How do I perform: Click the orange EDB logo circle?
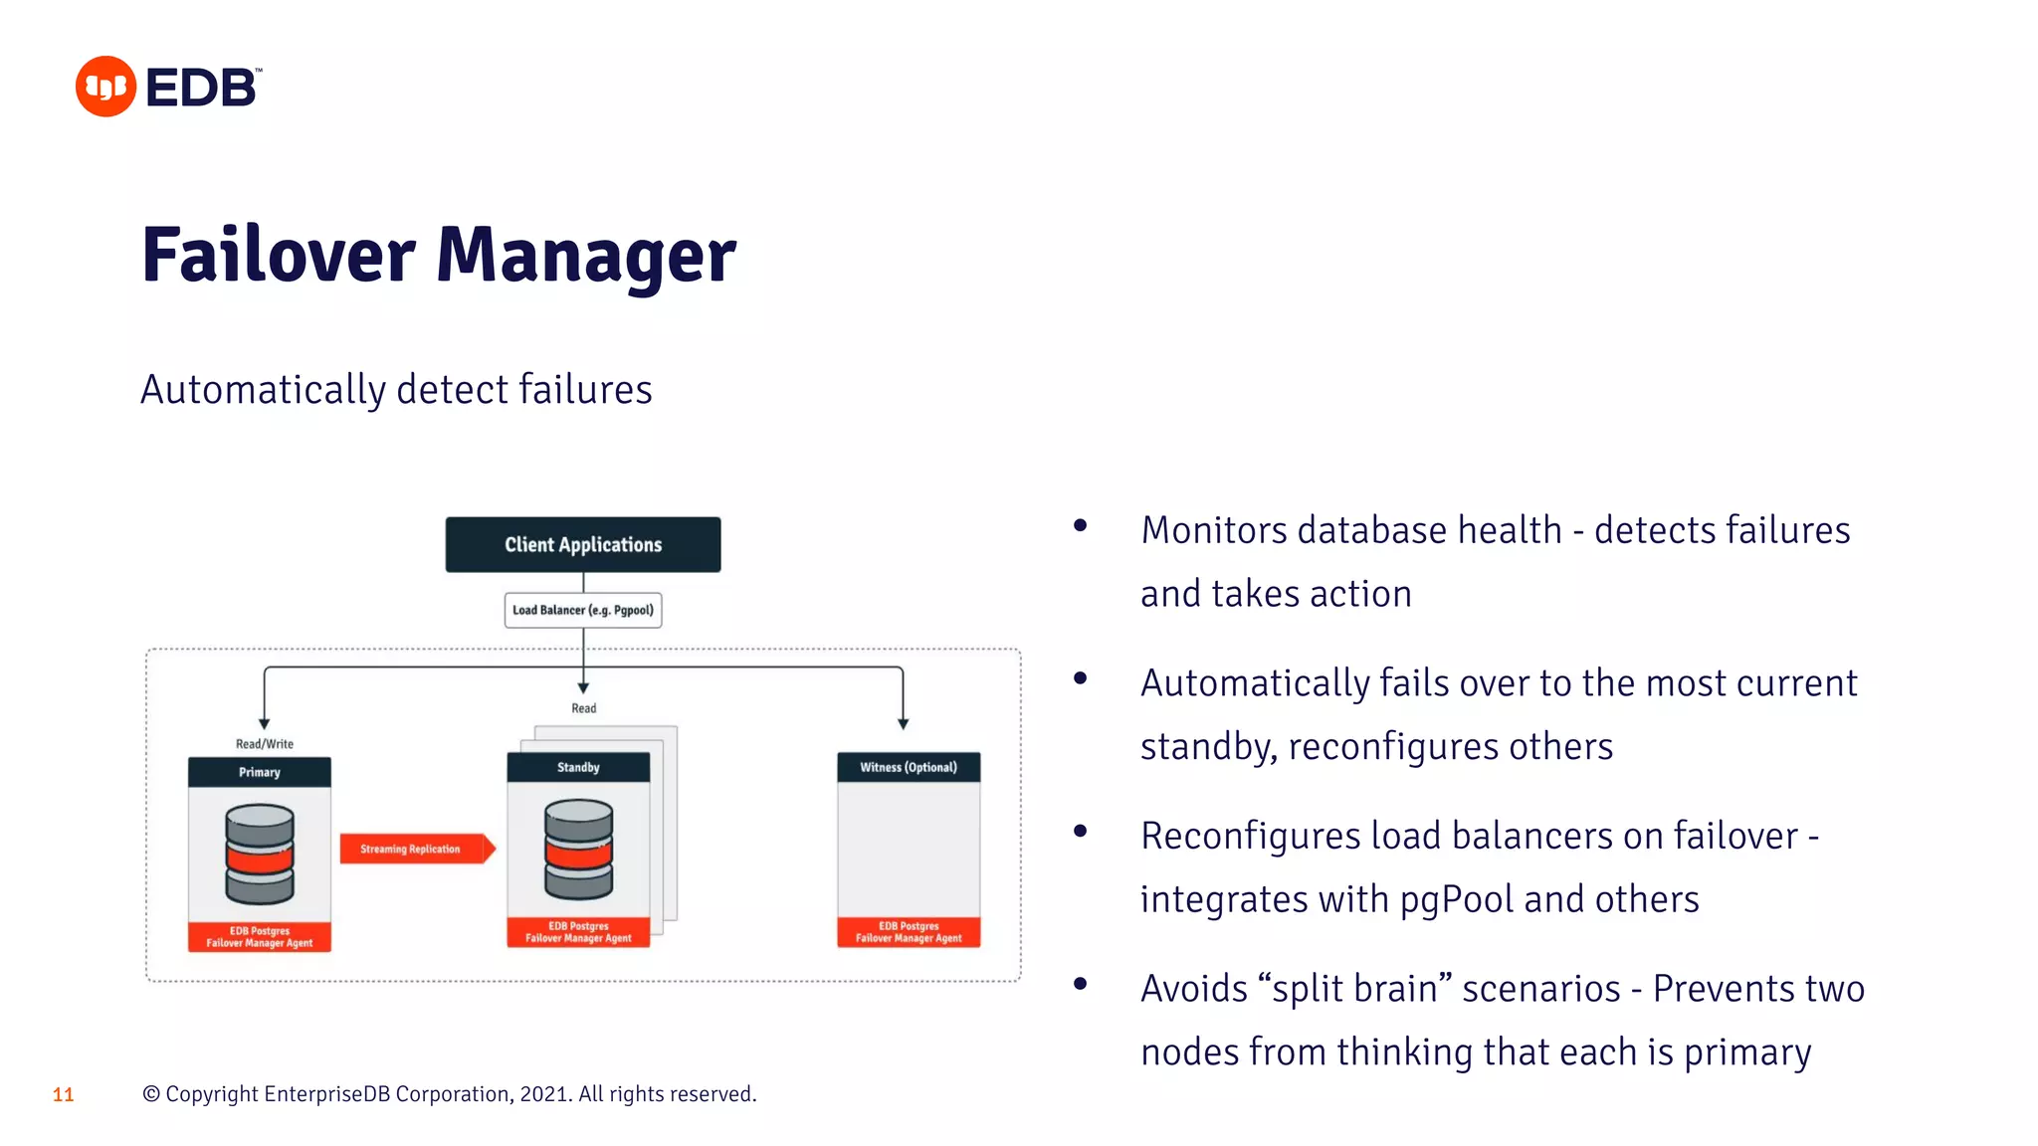click(x=105, y=87)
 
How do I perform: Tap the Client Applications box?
click(x=582, y=544)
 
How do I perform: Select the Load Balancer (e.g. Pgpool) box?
click(x=582, y=610)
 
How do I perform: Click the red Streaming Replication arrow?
click(x=416, y=849)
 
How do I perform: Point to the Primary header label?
click(x=259, y=772)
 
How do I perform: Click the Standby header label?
click(x=578, y=767)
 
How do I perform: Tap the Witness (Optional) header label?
click(x=908, y=767)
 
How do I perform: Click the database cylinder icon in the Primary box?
click(x=260, y=854)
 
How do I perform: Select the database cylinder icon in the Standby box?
click(x=578, y=849)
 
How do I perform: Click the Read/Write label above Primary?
click(x=264, y=743)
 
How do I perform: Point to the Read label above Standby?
click(x=583, y=708)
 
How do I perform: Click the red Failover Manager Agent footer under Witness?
click(x=908, y=932)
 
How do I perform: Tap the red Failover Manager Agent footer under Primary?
click(x=259, y=937)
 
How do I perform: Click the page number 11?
click(x=63, y=1094)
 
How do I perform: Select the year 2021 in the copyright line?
click(x=543, y=1094)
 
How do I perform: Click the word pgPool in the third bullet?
click(x=1456, y=899)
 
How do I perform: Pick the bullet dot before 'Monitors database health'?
click(x=1080, y=526)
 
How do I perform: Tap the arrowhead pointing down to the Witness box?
click(x=903, y=723)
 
